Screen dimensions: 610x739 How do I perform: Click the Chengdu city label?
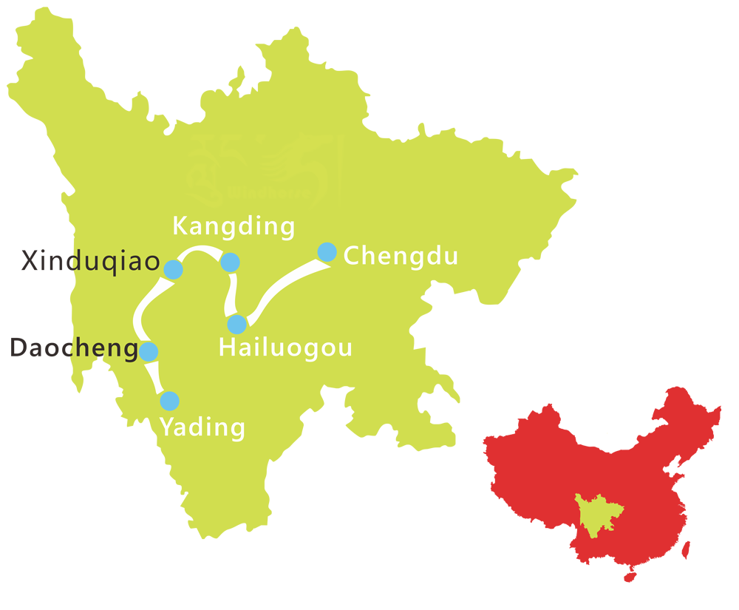tap(401, 256)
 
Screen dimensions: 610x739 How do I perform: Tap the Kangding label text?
tap(233, 226)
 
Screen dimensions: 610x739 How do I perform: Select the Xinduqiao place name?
tap(90, 261)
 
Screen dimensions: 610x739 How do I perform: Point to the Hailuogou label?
tap(285, 348)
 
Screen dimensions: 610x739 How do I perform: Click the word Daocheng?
tap(72, 348)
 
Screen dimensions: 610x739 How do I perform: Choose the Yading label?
tap(202, 427)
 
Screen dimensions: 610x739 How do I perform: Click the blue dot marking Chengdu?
tap(327, 252)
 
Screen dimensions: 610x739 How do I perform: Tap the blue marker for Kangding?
tap(230, 262)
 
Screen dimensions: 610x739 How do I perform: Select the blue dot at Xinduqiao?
tap(173, 269)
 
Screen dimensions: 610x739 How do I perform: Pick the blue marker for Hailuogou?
tap(236, 324)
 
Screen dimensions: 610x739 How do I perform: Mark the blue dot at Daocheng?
tap(149, 350)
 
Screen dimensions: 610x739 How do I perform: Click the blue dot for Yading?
tap(169, 401)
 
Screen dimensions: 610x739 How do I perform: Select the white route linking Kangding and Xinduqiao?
tap(200, 251)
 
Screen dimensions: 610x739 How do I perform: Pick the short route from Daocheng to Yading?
tap(157, 376)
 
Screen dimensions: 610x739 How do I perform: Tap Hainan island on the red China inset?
tap(630, 575)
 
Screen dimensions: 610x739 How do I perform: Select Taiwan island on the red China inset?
tap(685, 548)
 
